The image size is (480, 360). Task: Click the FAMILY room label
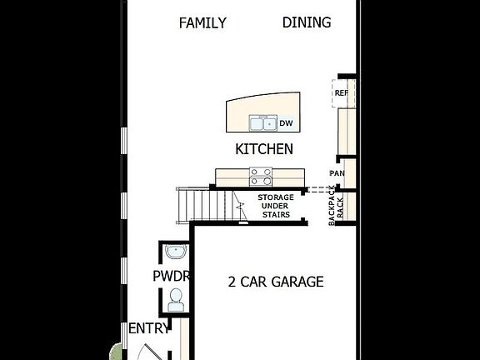point(202,23)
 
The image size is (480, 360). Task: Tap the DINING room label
point(307,23)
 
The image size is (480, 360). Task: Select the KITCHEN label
point(264,149)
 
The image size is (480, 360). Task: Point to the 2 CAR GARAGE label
point(276,282)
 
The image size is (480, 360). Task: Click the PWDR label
point(172,276)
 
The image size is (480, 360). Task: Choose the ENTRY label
point(148,329)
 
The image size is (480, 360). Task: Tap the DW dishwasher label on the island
point(286,123)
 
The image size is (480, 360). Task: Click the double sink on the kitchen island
point(262,124)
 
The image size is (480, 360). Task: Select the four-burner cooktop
point(261,177)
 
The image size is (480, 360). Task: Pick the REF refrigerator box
point(342,92)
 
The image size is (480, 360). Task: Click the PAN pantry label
point(337,173)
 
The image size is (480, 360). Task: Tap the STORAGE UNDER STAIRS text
point(275,206)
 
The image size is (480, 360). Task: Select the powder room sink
point(175,252)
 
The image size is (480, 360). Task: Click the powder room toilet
point(175,299)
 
